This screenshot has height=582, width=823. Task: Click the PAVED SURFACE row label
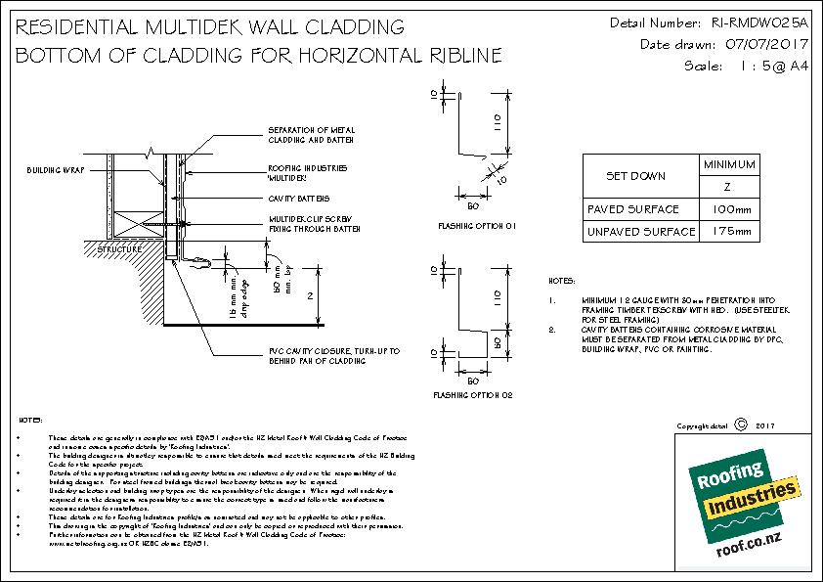[632, 208]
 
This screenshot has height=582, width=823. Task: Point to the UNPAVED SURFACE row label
[641, 232]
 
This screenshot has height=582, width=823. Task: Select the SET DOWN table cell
[636, 177]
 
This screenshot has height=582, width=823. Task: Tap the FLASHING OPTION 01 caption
[477, 226]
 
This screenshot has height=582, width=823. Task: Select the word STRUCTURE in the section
[119, 250]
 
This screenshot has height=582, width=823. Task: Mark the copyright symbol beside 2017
[739, 425]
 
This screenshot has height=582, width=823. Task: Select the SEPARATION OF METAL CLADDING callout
[311, 134]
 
